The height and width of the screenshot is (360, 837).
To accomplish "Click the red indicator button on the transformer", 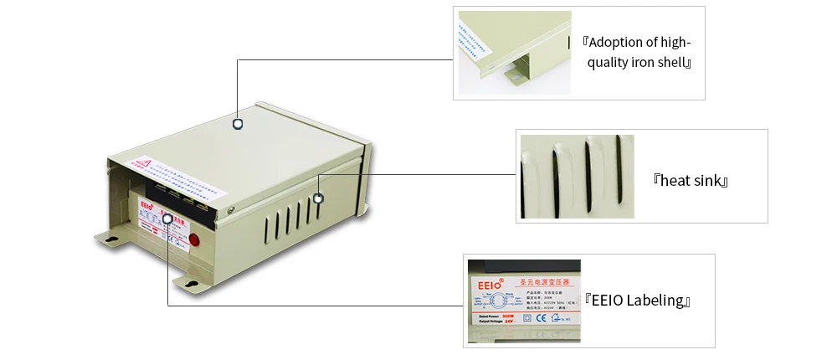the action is point(194,240).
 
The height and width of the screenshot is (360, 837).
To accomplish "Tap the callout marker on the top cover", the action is point(238,123).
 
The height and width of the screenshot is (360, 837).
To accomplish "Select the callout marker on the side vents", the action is point(318,198).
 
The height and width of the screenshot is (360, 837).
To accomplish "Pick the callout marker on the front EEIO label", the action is point(168,220).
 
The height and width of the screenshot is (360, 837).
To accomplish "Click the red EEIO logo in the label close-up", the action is point(490,285).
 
